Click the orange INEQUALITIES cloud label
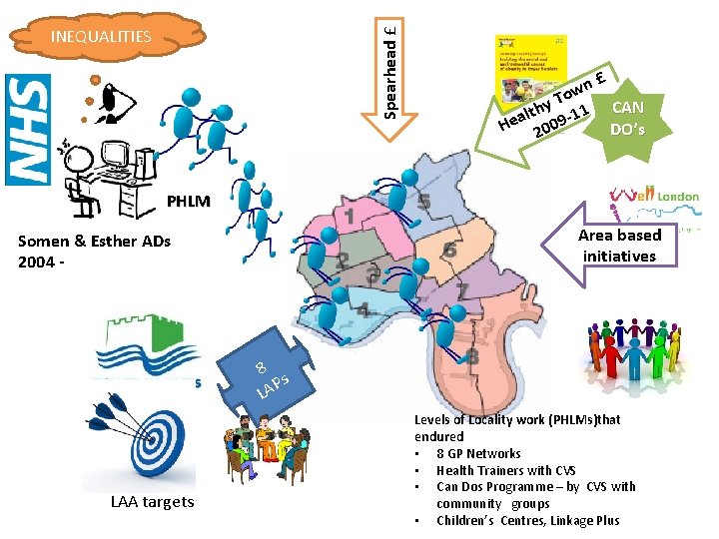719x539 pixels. (x=101, y=37)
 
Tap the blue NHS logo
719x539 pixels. (x=27, y=130)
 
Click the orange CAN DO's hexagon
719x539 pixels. (x=627, y=118)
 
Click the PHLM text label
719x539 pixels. (x=189, y=202)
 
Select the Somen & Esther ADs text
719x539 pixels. (x=94, y=250)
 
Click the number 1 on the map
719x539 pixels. (x=349, y=216)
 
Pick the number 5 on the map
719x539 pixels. (x=424, y=204)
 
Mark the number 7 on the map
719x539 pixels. (x=462, y=290)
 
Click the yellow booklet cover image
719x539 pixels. (x=531, y=69)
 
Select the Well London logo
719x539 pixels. (x=660, y=198)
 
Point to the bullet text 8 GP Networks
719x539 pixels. (x=478, y=453)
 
